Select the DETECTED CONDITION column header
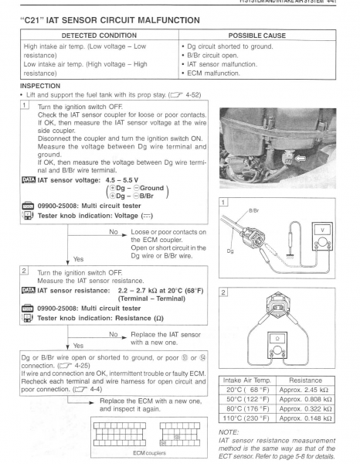[99, 36]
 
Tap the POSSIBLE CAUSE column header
[256, 36]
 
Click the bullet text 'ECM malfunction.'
[213, 73]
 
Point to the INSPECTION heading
[40, 86]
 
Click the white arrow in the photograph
[301, 159]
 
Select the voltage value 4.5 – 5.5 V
[122, 180]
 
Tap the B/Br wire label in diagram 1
[253, 210]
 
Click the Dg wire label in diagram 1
[230, 251]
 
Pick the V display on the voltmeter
[322, 230]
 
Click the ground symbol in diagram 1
[290, 257]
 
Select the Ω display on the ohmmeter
[277, 339]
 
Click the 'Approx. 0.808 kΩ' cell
[305, 399]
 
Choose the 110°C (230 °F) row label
[246, 418]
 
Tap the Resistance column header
[305, 380]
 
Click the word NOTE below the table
[228, 432]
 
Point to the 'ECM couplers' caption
[149, 453]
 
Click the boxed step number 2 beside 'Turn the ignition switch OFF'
[24, 270]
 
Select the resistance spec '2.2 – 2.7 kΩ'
[138, 291]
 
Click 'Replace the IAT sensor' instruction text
[165, 334]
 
